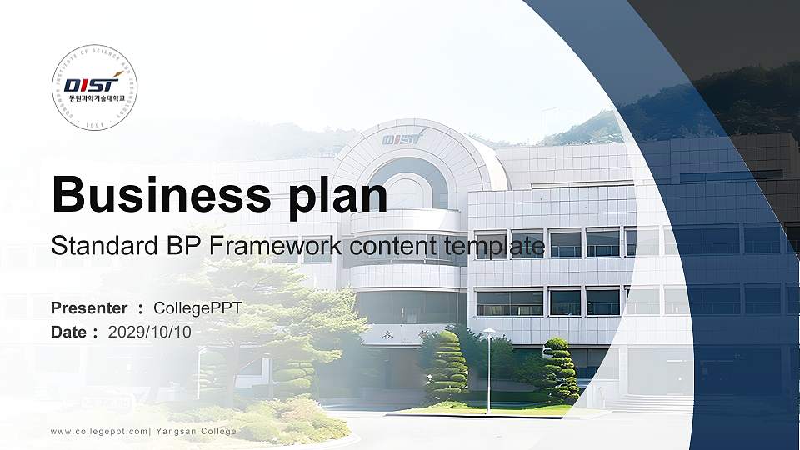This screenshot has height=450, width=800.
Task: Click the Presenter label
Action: [89, 308]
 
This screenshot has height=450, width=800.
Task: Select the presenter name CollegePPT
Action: [197, 308]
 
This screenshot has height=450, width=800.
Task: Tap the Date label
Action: [69, 332]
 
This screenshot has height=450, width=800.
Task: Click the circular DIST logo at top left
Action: [94, 88]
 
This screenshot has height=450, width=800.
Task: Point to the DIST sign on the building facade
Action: [403, 137]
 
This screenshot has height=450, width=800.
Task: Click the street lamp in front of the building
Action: [488, 367]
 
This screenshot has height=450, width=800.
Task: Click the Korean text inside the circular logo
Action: [94, 99]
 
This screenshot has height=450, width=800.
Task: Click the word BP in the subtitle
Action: [174, 247]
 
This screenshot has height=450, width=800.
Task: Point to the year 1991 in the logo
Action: [94, 126]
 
